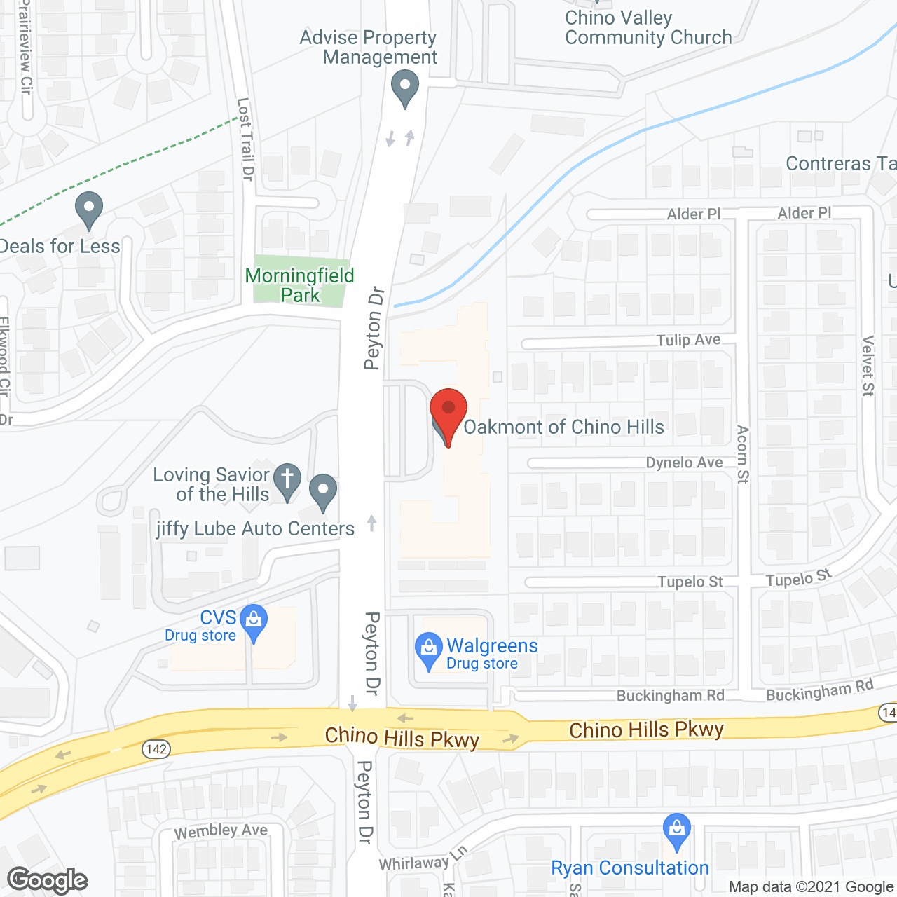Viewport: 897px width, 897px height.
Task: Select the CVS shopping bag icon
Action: point(254,620)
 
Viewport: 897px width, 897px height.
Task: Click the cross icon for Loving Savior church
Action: point(287,480)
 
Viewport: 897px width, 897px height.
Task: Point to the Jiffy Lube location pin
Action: point(323,491)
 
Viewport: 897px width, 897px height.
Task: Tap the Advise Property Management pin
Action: point(404,90)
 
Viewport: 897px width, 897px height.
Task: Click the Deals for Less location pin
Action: point(89,209)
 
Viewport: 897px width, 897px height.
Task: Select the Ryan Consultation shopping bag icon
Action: point(676,830)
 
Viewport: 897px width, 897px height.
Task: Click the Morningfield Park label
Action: point(299,285)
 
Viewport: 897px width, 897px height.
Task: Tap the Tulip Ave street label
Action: point(688,340)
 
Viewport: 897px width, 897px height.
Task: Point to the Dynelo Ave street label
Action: point(684,463)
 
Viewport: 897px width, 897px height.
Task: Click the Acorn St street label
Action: point(743,454)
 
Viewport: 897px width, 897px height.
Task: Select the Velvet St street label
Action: point(868,366)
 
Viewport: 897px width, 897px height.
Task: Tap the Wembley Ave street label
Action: point(221,831)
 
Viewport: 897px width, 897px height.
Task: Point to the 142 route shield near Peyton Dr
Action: point(156,748)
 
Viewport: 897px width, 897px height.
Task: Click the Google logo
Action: point(48,880)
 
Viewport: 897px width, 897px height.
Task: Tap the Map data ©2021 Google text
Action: point(811,887)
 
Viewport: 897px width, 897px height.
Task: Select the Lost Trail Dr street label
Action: point(245,139)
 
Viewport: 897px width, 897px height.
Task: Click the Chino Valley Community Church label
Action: point(648,27)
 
